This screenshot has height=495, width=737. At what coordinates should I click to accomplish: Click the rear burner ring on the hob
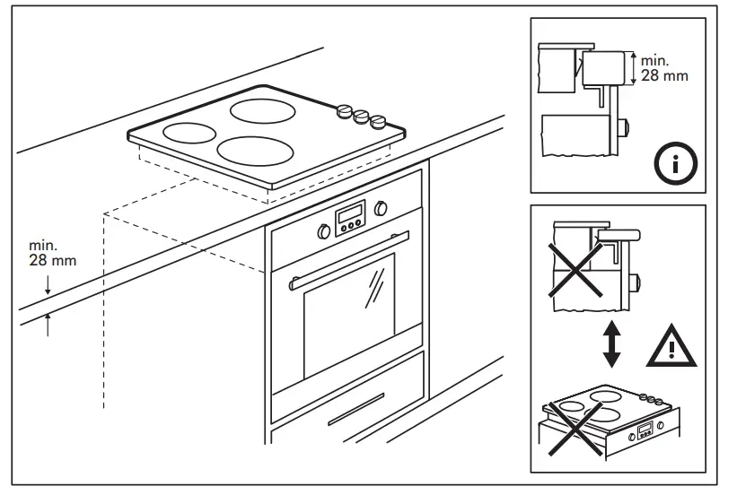click(268, 111)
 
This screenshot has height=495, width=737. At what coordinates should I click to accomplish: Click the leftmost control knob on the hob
click(344, 111)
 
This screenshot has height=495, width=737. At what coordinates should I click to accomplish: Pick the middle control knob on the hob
click(362, 117)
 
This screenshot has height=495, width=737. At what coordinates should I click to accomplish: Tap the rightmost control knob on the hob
click(380, 122)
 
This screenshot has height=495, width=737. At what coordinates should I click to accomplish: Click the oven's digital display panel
click(349, 218)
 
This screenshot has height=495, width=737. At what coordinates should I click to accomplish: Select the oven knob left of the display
click(323, 231)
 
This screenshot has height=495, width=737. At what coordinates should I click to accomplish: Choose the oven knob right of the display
click(381, 208)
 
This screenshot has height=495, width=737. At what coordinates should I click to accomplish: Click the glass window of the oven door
click(349, 314)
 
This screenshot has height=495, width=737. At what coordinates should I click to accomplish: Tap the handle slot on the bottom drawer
click(358, 413)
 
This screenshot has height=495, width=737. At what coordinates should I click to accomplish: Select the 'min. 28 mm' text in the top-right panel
click(664, 69)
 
